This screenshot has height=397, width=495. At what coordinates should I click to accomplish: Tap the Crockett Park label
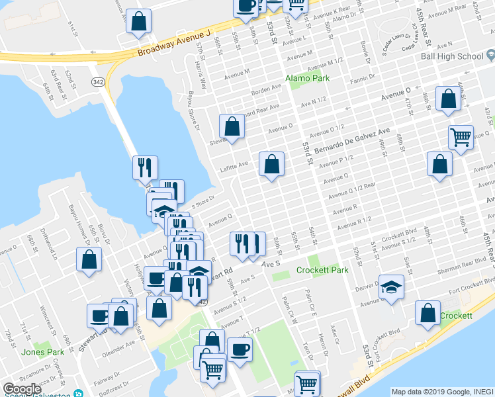[x=322, y=270]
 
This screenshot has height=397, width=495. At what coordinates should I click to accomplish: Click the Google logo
[x=22, y=389]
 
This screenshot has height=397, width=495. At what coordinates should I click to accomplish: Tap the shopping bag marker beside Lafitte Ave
[x=271, y=165]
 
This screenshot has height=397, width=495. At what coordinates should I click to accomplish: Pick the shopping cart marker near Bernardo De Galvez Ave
[x=461, y=137]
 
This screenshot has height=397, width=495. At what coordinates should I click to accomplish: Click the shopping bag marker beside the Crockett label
[x=428, y=314]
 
